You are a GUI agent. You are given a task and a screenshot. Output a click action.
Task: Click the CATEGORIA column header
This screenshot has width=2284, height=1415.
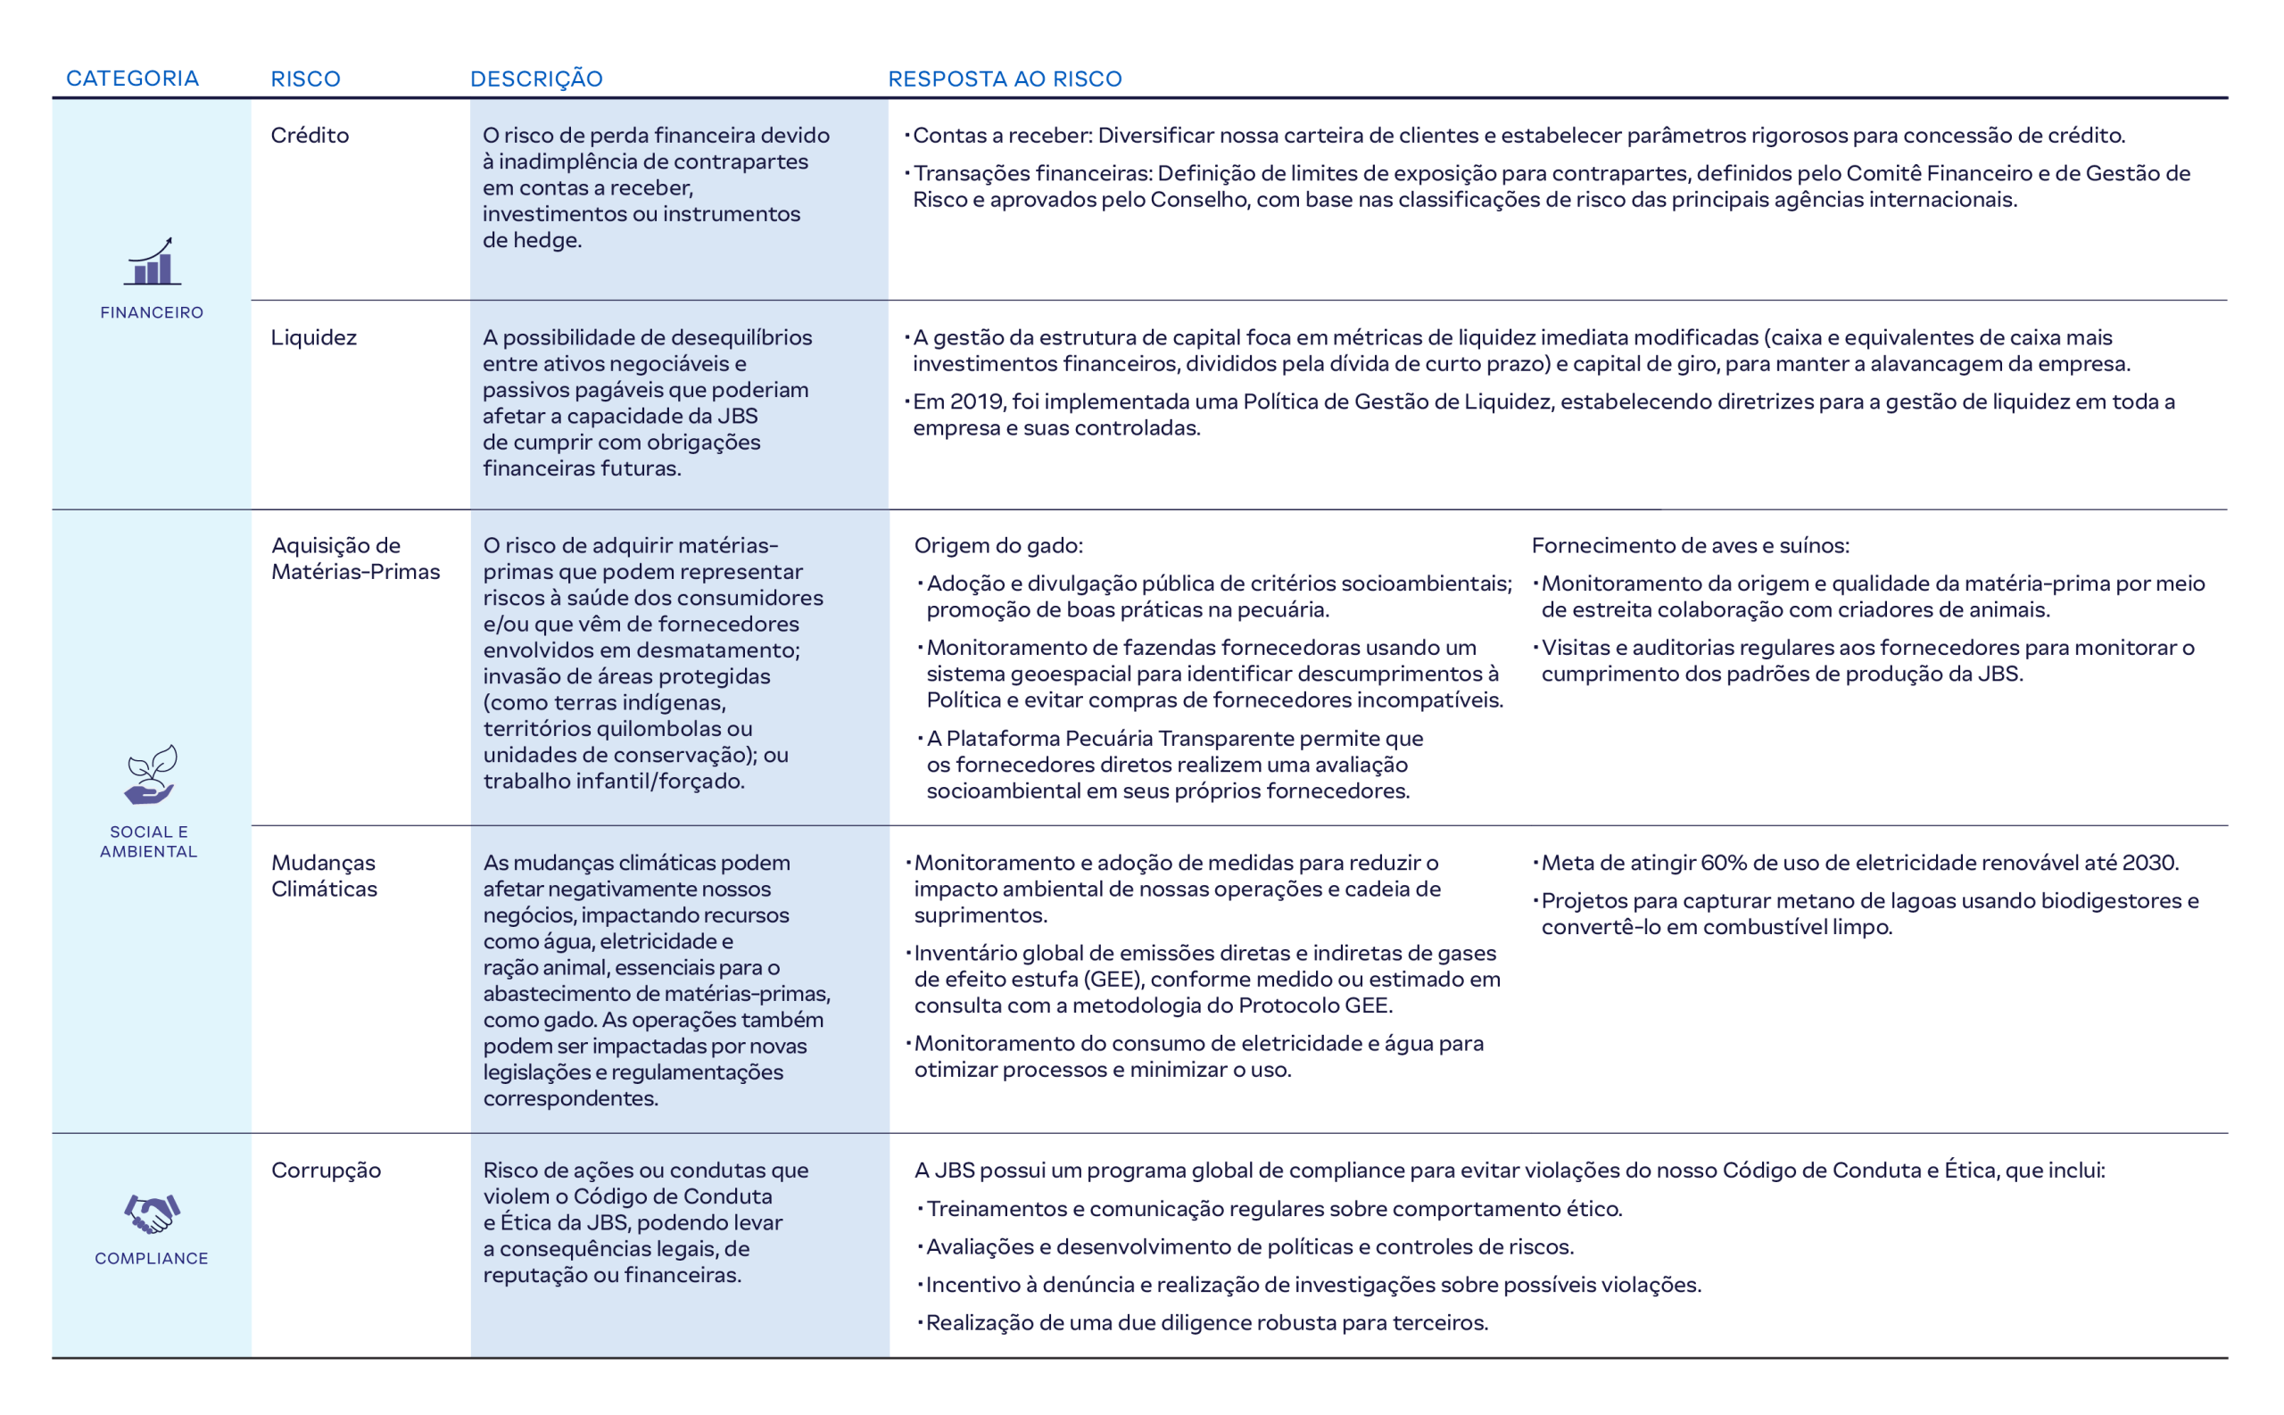pyautogui.click(x=132, y=79)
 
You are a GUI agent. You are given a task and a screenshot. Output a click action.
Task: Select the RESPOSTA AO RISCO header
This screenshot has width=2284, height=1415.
pyautogui.click(x=1004, y=79)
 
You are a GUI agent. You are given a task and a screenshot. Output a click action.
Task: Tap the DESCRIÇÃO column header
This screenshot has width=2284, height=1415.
pyautogui.click(x=536, y=79)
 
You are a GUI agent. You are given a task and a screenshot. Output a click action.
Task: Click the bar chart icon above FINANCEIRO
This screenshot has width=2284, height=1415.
pyautogui.click(x=152, y=261)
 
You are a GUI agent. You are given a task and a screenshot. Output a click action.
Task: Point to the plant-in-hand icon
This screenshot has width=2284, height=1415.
pyautogui.click(x=151, y=775)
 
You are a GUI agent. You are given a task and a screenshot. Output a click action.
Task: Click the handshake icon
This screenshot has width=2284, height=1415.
pyautogui.click(x=152, y=1213)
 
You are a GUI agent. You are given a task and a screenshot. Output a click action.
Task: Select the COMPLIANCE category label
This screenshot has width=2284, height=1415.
pyautogui.click(x=152, y=1259)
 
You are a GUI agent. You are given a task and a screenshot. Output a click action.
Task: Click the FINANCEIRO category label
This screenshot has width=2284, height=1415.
pyautogui.click(x=152, y=312)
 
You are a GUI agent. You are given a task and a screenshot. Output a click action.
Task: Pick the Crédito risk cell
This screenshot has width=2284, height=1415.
pyautogui.click(x=310, y=136)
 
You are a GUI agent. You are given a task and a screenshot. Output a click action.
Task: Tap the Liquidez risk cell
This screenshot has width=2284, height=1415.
pyautogui.click(x=313, y=338)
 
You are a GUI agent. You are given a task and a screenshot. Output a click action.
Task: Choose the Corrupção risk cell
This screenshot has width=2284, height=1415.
pyautogui.click(x=326, y=1171)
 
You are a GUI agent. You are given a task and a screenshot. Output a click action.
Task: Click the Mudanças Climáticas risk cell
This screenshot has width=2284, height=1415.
pyautogui.click(x=324, y=876)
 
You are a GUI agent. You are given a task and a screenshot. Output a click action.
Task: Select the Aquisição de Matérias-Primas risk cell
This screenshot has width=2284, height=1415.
pyautogui.click(x=354, y=559)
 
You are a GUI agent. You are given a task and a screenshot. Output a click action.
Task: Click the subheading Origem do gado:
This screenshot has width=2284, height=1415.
pyautogui.click(x=997, y=546)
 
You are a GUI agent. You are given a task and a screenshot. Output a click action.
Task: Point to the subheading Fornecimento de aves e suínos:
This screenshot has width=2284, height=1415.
pyautogui.click(x=1690, y=546)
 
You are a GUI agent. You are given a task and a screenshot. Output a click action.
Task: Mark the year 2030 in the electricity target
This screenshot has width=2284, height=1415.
pyautogui.click(x=2154, y=863)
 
